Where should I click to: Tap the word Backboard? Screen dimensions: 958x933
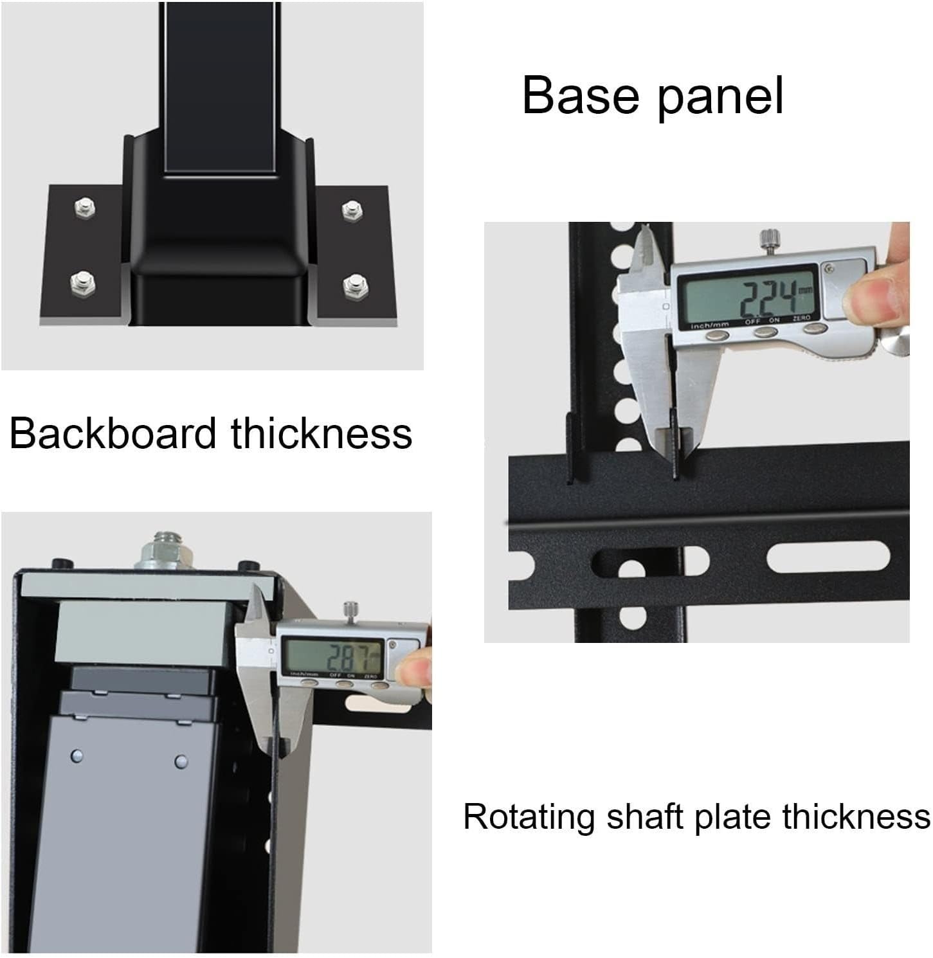point(113,433)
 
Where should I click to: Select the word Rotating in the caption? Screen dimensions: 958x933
point(529,817)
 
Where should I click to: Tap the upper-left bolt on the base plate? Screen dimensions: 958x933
point(84,206)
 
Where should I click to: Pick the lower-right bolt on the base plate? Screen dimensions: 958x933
point(353,282)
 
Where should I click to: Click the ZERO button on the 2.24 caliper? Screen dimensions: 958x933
point(816,329)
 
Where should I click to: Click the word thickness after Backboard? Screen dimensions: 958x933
point(322,433)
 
